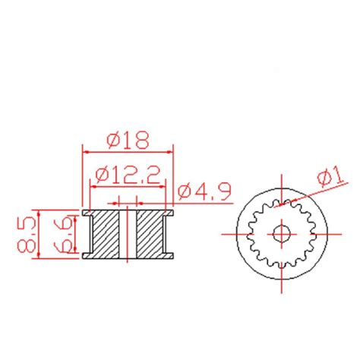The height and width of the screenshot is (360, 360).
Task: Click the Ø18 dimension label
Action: [x=128, y=140]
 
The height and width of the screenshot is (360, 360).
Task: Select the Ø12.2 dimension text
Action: [x=128, y=175]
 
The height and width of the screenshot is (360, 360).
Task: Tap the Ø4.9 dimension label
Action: [x=204, y=191]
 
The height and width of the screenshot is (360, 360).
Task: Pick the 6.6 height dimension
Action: [x=62, y=235]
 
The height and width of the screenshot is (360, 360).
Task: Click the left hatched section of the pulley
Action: [x=106, y=234]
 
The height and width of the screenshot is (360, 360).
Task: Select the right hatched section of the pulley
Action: [x=150, y=234]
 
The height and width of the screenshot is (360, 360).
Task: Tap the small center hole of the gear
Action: [x=282, y=234]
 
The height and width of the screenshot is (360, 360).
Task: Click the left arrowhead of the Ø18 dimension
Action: [x=86, y=152]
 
